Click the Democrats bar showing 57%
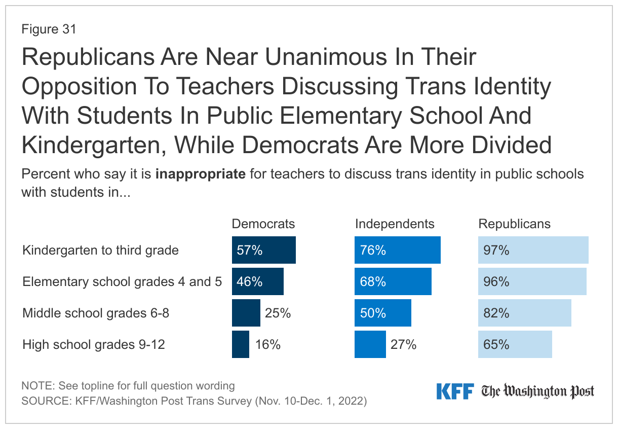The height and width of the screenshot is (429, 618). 263,250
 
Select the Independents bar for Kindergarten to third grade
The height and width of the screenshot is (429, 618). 397,250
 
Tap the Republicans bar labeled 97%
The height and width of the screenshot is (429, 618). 533,250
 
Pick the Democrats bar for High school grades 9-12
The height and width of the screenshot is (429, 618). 241,345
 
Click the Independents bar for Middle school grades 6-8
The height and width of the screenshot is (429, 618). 382,313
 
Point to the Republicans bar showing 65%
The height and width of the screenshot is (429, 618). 515,345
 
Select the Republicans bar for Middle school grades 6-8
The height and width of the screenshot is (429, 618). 524,313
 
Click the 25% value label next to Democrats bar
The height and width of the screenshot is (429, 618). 278,313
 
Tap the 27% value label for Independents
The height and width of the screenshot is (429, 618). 403,345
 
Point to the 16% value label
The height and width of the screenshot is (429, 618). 267,345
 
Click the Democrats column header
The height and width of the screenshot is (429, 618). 263,224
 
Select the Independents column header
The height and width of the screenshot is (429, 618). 395,224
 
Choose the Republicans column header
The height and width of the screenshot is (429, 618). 515,224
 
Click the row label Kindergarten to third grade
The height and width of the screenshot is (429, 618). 100,251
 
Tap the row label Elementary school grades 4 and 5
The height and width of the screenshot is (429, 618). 122,282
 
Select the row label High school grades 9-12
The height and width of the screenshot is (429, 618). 94,345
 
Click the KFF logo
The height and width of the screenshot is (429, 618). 454,391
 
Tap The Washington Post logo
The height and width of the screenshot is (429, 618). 537,391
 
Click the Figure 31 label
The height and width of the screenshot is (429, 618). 49,29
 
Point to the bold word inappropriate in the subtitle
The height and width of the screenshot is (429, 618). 201,174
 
